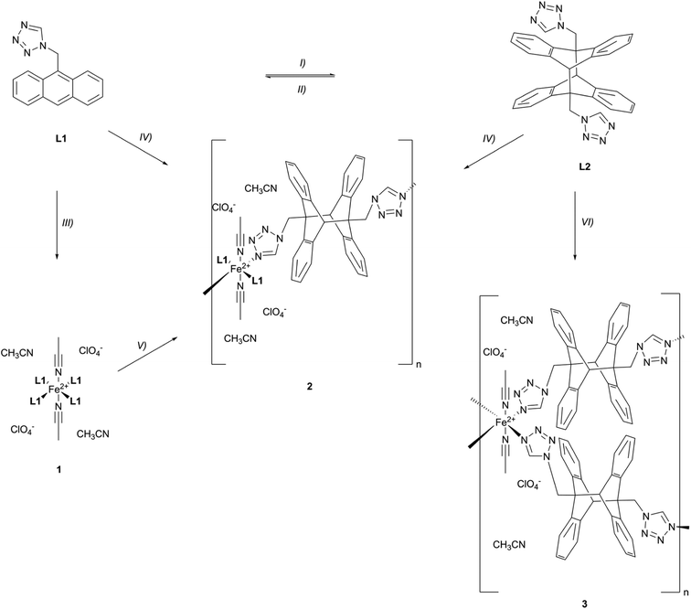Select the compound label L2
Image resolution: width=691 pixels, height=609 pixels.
(x=585, y=167)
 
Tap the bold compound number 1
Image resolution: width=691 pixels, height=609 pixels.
(x=58, y=470)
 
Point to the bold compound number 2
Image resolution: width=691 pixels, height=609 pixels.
(x=309, y=386)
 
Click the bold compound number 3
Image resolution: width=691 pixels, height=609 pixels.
(x=584, y=604)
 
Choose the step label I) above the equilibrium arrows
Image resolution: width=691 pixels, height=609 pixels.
(x=302, y=63)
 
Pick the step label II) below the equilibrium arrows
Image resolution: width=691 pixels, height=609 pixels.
(x=302, y=90)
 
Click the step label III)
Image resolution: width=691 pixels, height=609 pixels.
(x=67, y=223)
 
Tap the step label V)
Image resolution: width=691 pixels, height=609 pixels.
(x=141, y=346)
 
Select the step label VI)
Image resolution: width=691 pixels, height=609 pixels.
(x=588, y=223)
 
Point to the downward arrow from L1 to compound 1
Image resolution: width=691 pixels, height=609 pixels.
(x=57, y=225)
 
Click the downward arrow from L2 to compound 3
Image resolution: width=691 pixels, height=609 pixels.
(x=575, y=225)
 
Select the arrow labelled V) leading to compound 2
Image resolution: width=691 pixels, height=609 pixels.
(x=148, y=356)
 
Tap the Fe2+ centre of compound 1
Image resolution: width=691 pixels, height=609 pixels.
(x=58, y=389)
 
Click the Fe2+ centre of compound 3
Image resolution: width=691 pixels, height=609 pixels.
(x=505, y=422)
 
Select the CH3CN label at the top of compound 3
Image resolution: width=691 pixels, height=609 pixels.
(x=517, y=321)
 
